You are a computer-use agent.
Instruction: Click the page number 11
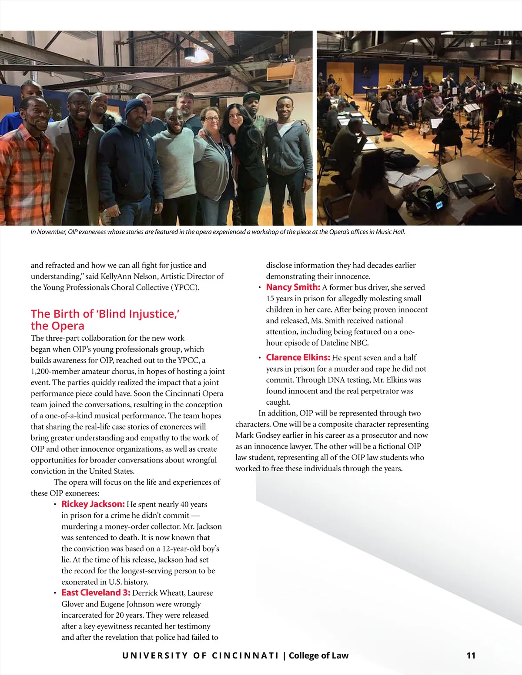(x=471, y=655)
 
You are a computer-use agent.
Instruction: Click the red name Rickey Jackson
(x=93, y=504)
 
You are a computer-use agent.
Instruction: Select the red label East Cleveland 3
(x=96, y=593)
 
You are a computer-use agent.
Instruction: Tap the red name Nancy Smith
(x=293, y=287)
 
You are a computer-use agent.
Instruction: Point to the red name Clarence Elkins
(x=298, y=358)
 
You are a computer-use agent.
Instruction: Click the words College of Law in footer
(x=318, y=655)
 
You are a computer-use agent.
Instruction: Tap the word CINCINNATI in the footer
(x=245, y=655)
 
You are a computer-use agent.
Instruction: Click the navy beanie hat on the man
(x=136, y=107)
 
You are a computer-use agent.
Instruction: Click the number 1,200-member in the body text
(x=62, y=372)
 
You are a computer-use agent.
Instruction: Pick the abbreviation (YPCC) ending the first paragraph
(x=185, y=287)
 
